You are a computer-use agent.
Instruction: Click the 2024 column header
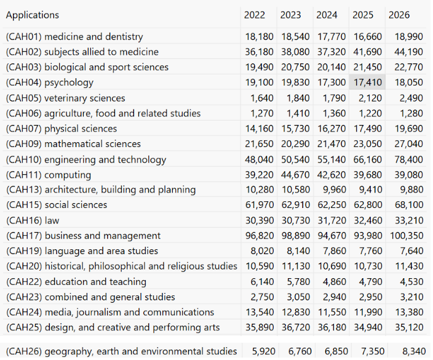(327, 15)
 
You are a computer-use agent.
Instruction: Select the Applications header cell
(33, 15)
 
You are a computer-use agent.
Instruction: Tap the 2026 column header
(399, 15)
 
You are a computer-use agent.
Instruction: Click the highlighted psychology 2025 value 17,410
(368, 82)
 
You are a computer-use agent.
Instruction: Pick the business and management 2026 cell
(407, 236)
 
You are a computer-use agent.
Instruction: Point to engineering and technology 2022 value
(259, 160)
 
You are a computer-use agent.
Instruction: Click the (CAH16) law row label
(33, 220)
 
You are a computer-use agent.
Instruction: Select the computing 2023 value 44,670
(295, 175)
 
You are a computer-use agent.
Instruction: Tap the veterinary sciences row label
(65, 98)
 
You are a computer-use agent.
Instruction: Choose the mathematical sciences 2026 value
(408, 144)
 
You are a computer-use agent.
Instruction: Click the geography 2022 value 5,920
(263, 351)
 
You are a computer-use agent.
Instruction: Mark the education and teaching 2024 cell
(335, 282)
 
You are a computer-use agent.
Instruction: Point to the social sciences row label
(57, 205)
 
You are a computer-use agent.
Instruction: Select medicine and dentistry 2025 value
(368, 37)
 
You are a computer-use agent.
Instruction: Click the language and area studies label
(82, 251)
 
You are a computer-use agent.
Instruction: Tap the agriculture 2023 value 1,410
(298, 114)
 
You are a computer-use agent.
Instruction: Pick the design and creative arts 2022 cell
(260, 327)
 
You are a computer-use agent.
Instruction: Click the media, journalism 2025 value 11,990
(368, 312)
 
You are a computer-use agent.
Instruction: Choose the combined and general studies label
(90, 297)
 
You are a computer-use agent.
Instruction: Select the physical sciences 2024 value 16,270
(332, 129)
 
